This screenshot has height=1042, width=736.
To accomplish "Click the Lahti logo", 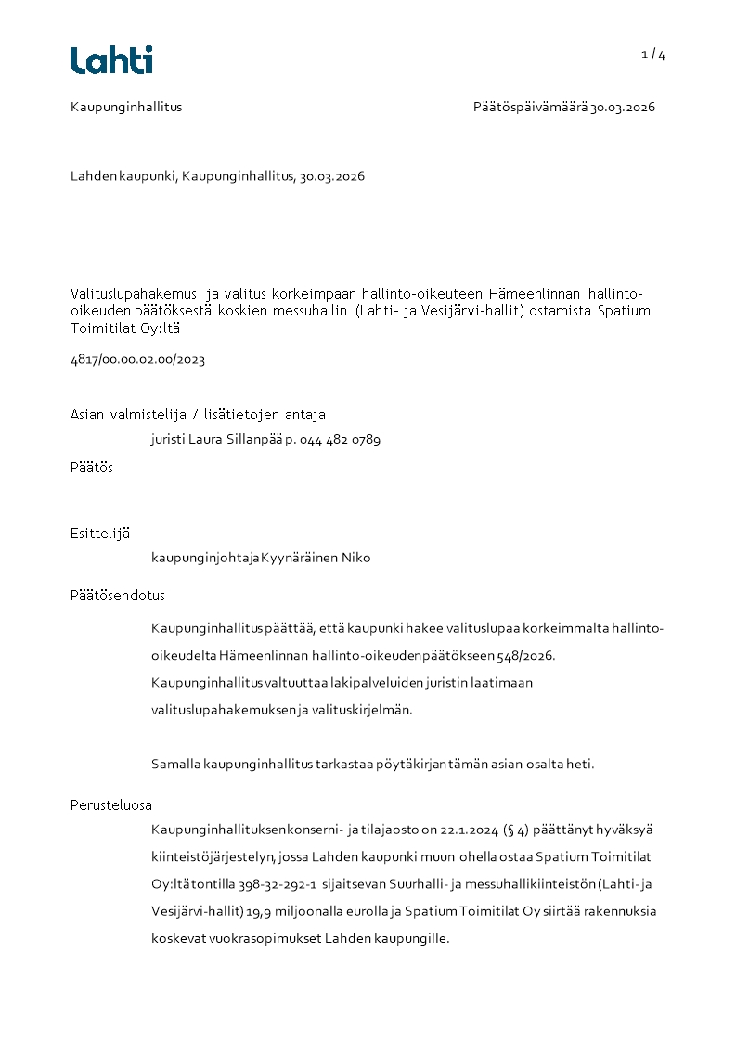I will tap(111, 60).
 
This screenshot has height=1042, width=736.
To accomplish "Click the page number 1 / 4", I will tap(653, 55).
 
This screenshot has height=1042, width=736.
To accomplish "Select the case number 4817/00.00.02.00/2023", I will tap(137, 359).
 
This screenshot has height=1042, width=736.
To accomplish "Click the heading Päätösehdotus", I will tap(118, 596).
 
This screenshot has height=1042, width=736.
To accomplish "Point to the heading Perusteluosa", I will tap(111, 805).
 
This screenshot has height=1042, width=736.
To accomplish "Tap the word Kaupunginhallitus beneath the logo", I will tap(126, 107).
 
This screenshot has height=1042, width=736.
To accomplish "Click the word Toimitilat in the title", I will tap(104, 328).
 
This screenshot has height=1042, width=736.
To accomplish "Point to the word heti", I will tap(579, 765).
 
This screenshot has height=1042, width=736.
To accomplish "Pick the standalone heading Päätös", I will tap(92, 468).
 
